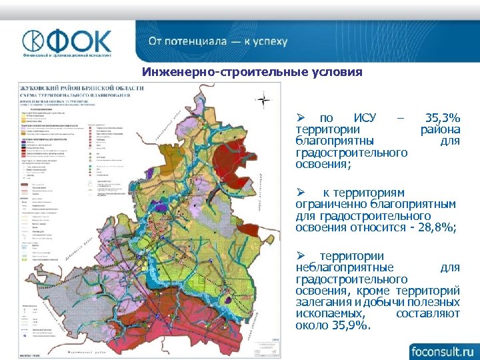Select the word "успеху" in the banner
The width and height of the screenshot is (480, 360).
coord(269,41)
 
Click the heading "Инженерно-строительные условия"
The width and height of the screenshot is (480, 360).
coord(252,72)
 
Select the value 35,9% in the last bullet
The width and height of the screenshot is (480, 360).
coord(351,325)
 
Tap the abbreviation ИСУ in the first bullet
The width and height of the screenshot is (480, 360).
coord(365,118)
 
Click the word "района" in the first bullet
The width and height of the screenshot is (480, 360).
coord(440,129)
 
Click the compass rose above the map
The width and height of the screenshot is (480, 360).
coord(264,101)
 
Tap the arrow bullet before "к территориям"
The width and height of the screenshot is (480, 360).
coord(301,192)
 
